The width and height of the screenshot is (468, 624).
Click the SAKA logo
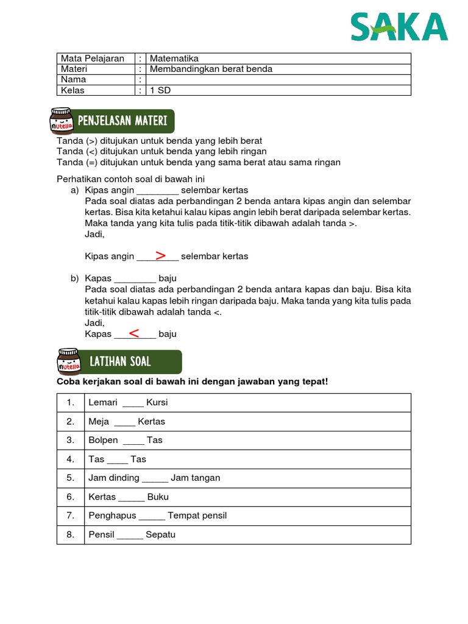coord(399,27)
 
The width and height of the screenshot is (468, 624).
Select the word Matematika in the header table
coord(174,58)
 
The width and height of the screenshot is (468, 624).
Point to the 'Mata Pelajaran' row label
coord(92,58)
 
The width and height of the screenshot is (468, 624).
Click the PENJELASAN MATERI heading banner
coord(128,121)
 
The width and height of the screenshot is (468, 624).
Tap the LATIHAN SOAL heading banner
coord(134,361)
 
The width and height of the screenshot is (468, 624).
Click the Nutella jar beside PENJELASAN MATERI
coord(62,121)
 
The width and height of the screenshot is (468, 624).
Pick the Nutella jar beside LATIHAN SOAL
coord(68,361)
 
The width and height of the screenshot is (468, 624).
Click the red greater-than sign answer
coord(160,255)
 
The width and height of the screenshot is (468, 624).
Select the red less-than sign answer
coord(134,333)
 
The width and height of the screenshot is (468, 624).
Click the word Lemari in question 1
coord(103,403)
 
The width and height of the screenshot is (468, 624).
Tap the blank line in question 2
coord(124,422)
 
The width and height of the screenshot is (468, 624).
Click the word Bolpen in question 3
coord(103,441)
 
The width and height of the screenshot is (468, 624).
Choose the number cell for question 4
coord(71,459)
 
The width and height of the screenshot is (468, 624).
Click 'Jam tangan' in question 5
coord(196,478)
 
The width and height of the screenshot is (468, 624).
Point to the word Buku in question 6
coord(158,497)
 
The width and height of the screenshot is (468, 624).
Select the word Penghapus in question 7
coord(112,516)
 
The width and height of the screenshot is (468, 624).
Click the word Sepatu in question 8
coord(160,535)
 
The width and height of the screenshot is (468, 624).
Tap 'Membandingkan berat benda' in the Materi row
coord(211,69)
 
